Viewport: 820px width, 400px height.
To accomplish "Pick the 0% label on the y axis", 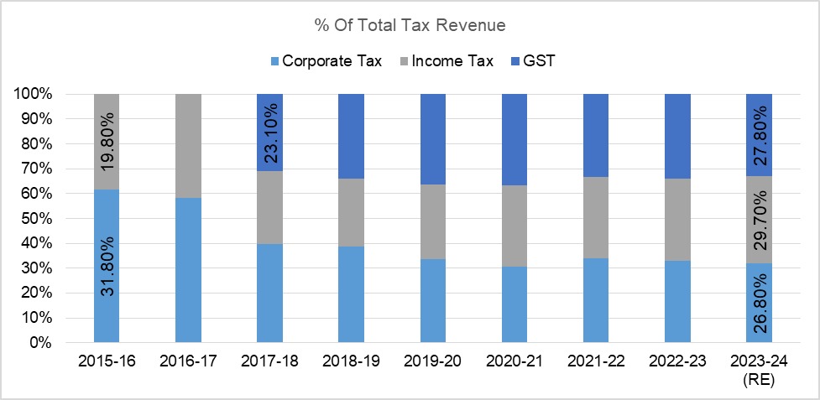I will [40, 342].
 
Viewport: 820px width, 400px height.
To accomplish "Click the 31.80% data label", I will [107, 266].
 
